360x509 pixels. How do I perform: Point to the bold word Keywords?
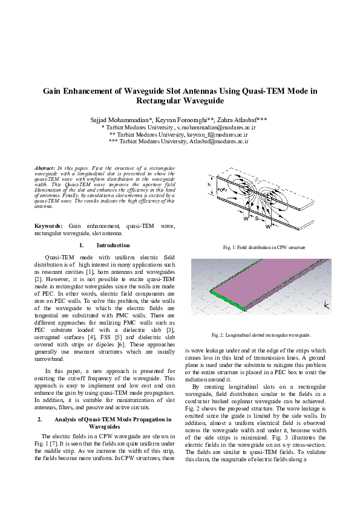(48, 225)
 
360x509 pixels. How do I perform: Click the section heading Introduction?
(113, 245)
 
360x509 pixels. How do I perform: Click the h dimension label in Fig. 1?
(209, 184)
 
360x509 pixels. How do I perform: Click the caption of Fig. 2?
(261, 334)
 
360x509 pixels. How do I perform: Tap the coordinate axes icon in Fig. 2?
(327, 305)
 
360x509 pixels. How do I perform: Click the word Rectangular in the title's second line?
(155, 101)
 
